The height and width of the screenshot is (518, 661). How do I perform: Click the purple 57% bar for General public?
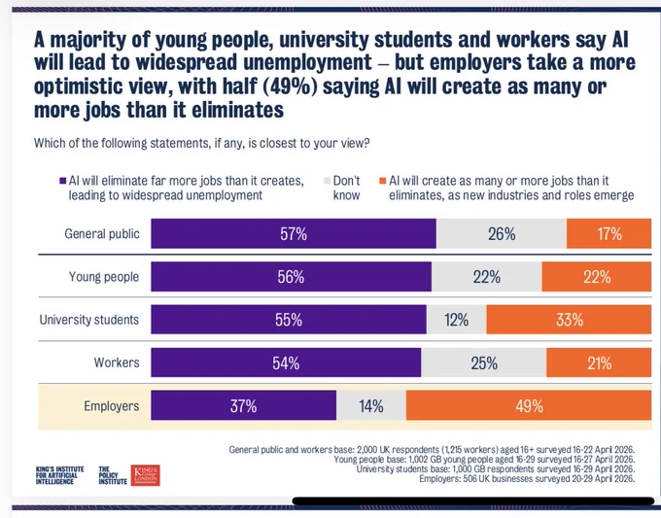coord(294,233)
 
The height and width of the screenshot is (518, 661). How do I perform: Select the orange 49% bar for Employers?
coord(529,405)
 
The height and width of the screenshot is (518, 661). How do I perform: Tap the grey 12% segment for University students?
coord(456,320)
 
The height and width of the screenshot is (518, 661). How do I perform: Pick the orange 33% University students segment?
coord(569,320)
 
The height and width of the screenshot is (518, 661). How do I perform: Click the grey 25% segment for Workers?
coord(483,363)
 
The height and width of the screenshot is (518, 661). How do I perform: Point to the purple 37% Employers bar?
coord(244,405)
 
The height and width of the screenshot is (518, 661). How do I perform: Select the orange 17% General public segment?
coord(609,233)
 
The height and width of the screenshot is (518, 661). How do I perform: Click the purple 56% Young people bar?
coord(292,276)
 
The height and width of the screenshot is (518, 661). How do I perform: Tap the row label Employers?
coord(111,406)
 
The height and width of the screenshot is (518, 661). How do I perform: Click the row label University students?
coord(89,320)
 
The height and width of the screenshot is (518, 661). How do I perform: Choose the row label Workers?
coord(117,363)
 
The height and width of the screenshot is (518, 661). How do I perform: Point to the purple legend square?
coord(63,181)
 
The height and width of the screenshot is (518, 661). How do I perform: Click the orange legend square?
coord(382,181)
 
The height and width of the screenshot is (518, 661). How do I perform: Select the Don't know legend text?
coord(346,188)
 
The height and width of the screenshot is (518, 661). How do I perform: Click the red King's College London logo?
coord(145,475)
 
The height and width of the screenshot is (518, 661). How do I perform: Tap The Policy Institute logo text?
coord(113,475)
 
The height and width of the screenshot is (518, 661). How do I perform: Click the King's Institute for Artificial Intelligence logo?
coord(60,475)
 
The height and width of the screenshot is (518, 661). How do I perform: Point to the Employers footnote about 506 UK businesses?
coord(527,479)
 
